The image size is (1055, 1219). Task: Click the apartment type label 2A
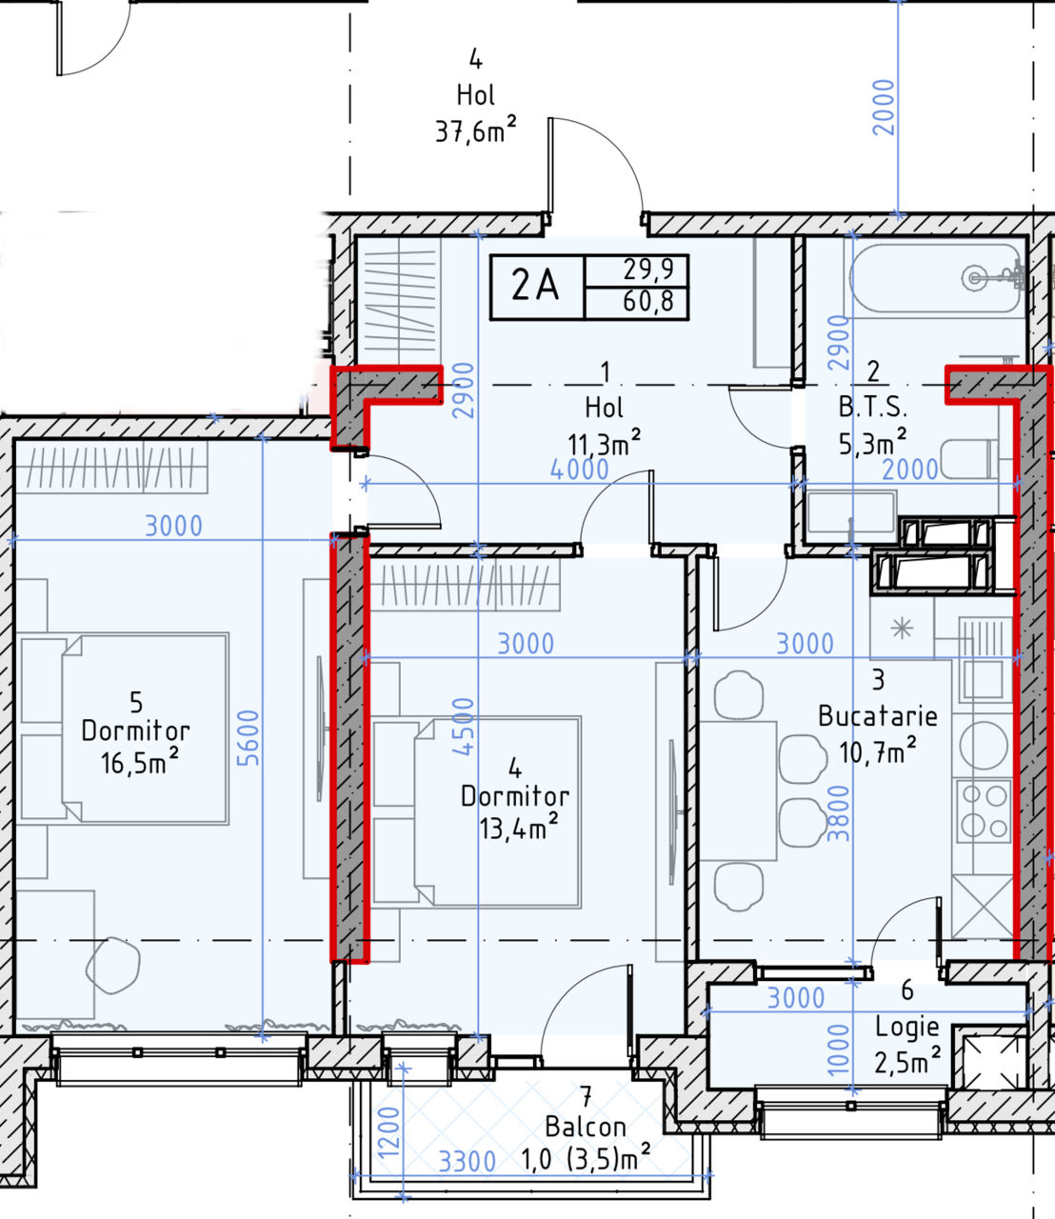(x=535, y=286)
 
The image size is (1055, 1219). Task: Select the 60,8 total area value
(x=648, y=302)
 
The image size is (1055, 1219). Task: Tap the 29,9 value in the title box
(x=648, y=270)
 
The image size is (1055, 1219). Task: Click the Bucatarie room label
(x=878, y=716)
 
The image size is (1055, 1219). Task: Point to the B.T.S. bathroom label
(x=873, y=407)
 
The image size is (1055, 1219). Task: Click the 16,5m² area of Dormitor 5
(x=139, y=762)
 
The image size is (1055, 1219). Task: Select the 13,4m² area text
(x=518, y=828)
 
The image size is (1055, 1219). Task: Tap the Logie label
(x=907, y=1027)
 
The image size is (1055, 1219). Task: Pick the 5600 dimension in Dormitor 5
(x=249, y=738)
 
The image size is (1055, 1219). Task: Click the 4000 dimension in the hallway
(x=579, y=470)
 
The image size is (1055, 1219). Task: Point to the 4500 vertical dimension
(x=464, y=727)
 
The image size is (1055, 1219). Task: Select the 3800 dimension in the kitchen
(x=838, y=814)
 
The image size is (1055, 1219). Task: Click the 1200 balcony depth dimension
(x=388, y=1124)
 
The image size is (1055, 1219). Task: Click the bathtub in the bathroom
(x=936, y=279)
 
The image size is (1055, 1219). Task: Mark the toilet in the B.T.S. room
(x=969, y=459)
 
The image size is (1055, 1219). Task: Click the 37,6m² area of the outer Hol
(x=475, y=130)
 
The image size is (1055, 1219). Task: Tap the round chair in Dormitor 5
(x=113, y=966)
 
